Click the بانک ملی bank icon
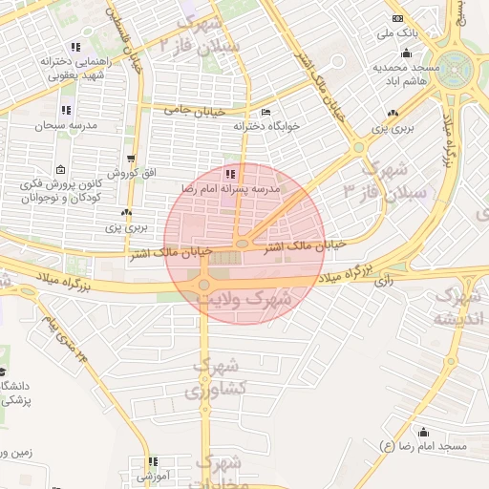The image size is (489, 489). click(398, 19)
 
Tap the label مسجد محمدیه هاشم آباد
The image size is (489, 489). click(405, 75)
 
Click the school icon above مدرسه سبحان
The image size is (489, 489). click(66, 110)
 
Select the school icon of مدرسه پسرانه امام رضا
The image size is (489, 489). click(230, 175)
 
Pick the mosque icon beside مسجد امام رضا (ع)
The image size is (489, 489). click(421, 432)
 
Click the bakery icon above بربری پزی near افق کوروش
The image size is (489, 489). click(126, 213)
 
